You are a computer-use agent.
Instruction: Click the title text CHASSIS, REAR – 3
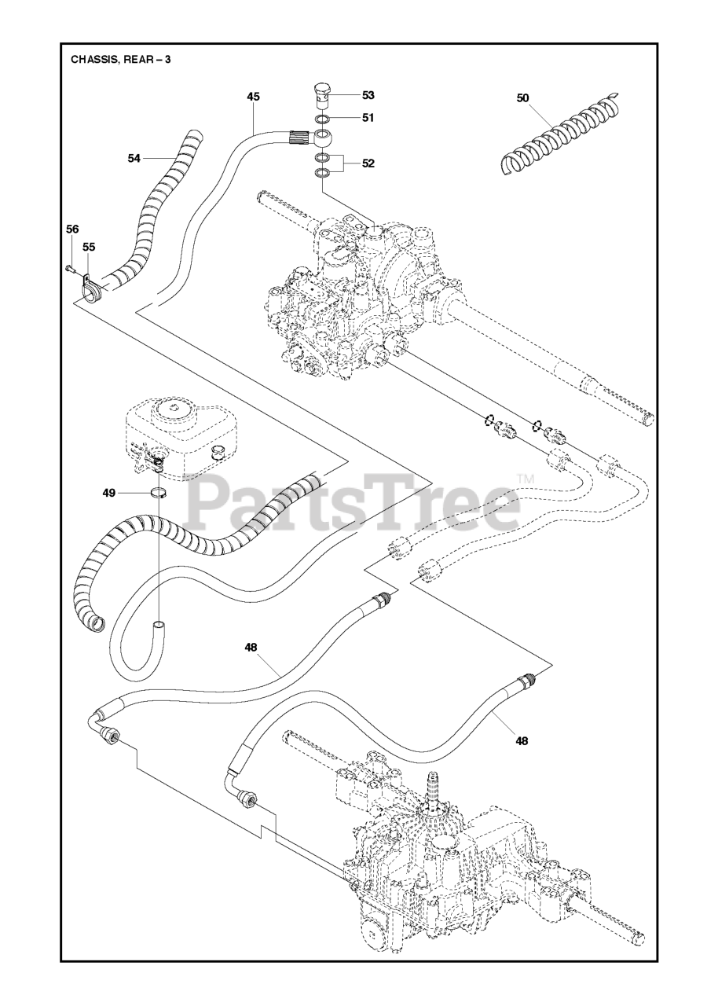120,59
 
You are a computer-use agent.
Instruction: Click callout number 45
253,97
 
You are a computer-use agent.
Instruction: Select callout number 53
368,95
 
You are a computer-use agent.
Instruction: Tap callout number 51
368,117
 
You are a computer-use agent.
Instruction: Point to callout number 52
368,163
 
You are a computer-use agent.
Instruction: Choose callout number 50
523,98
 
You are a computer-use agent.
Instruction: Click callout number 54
134,158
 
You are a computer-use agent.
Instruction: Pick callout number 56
72,229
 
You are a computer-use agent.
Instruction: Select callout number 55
89,247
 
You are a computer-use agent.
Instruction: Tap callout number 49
108,493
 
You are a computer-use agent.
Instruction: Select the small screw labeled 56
69,269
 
